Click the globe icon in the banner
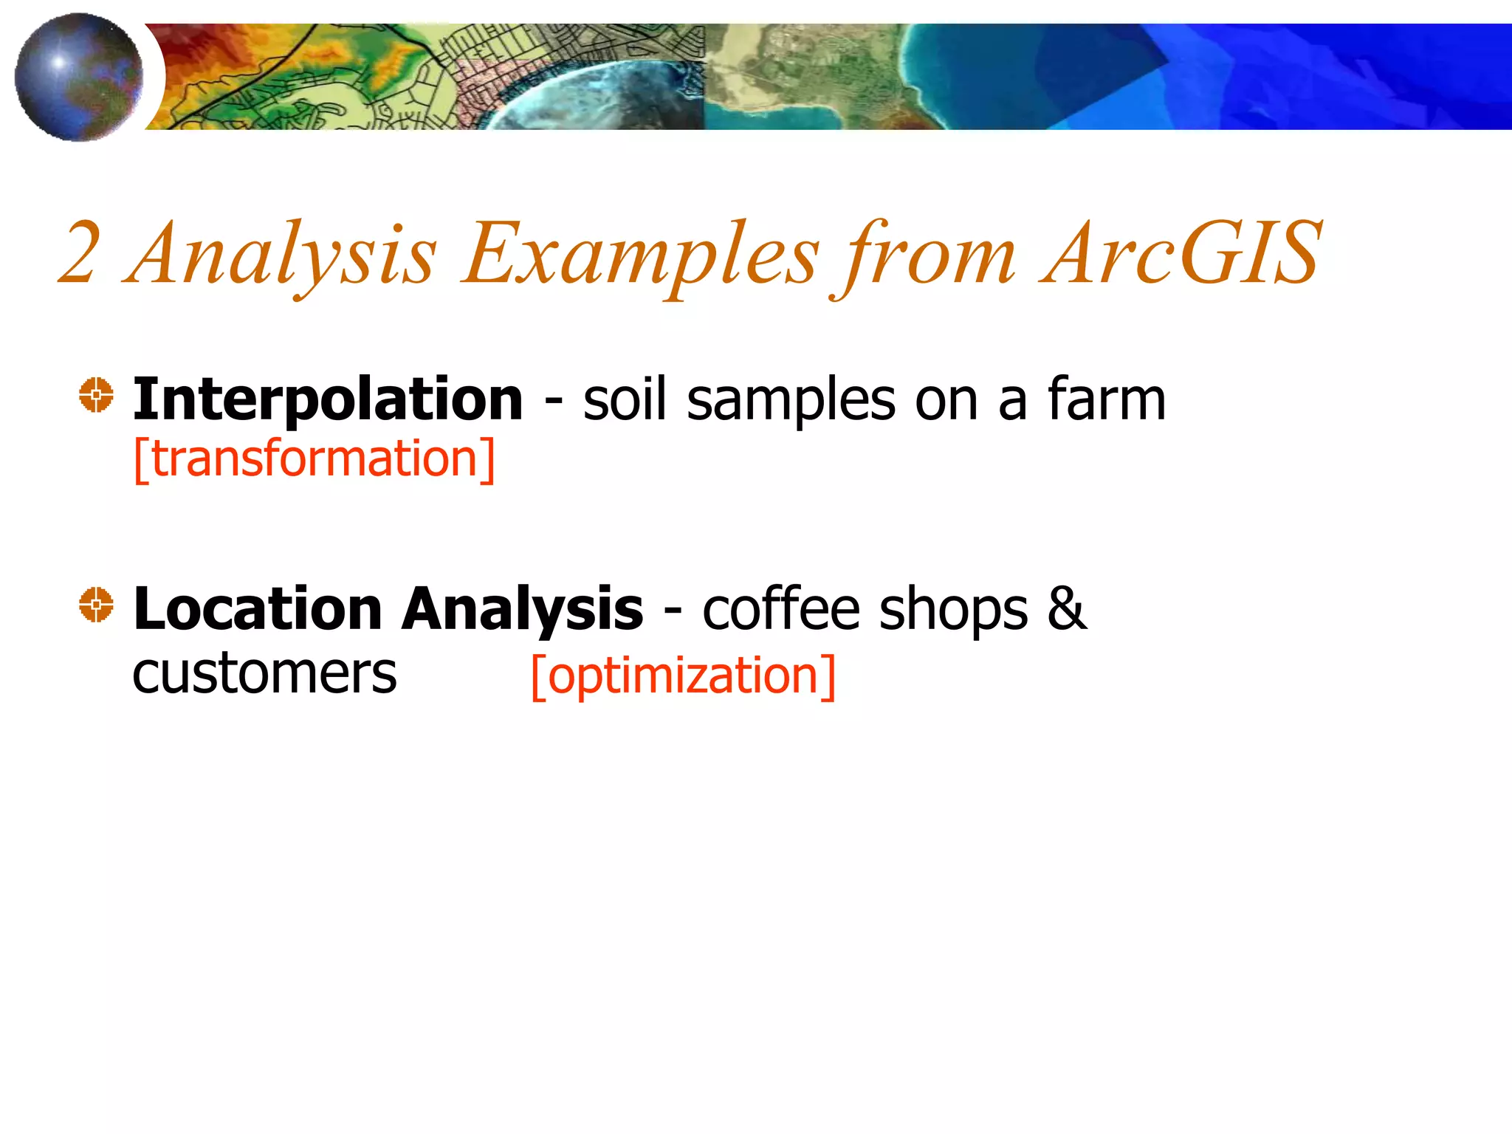tap(79, 77)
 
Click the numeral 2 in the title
tap(79, 253)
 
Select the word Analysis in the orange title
tap(282, 255)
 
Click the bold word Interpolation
tap(328, 399)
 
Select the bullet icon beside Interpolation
tap(96, 395)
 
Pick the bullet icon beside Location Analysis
tap(96, 605)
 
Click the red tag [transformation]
tap(315, 459)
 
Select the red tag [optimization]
tap(683, 676)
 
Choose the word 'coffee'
tap(781, 609)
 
